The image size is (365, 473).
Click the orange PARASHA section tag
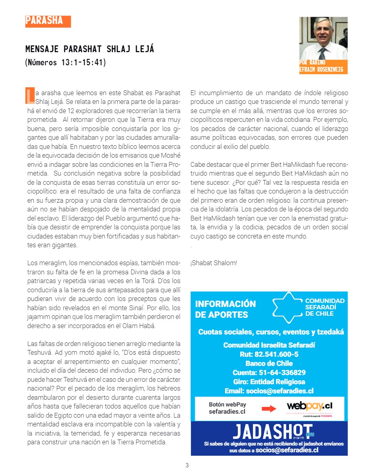(x=48, y=21)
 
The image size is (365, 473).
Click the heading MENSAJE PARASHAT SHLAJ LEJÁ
(x=90, y=49)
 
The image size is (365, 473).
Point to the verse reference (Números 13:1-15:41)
(x=66, y=63)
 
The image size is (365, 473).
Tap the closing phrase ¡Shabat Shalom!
(x=214, y=263)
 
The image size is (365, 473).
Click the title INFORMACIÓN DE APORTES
(x=225, y=309)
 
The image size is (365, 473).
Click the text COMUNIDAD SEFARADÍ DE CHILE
(x=324, y=307)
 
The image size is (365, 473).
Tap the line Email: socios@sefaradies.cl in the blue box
(x=269, y=391)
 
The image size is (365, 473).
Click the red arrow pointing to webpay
(x=269, y=409)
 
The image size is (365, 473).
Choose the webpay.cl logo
(x=309, y=407)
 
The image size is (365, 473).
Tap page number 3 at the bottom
(x=187, y=465)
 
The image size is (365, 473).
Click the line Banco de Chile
(x=269, y=364)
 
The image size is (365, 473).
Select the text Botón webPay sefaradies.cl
(x=227, y=408)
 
